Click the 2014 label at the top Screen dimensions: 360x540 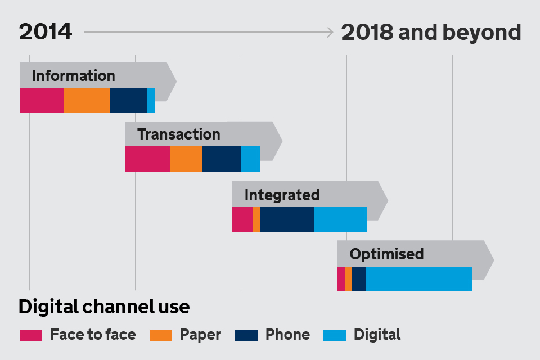click(x=46, y=32)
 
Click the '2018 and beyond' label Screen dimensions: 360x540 click(x=431, y=33)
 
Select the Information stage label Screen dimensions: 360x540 click(x=73, y=76)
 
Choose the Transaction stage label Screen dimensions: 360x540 click(x=179, y=134)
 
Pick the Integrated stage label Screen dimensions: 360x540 click(x=282, y=195)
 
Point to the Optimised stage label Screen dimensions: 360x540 click(x=386, y=254)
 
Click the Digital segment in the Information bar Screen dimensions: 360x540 click(x=151, y=100)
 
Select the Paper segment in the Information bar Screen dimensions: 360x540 click(x=87, y=100)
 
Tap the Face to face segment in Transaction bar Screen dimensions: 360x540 click(x=147, y=159)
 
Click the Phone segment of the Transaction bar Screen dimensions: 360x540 click(x=222, y=159)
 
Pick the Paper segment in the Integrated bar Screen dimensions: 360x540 click(x=256, y=219)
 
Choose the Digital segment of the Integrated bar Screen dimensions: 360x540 click(x=341, y=219)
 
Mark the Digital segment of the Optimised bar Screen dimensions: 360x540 click(x=418, y=279)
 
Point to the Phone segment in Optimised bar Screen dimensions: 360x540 click(x=359, y=279)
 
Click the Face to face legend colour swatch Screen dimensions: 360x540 click(x=31, y=335)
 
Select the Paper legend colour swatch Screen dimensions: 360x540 click(x=161, y=335)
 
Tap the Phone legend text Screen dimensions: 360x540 click(x=287, y=335)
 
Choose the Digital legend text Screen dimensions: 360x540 click(x=377, y=335)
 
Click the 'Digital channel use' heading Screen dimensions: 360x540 click(x=104, y=307)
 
